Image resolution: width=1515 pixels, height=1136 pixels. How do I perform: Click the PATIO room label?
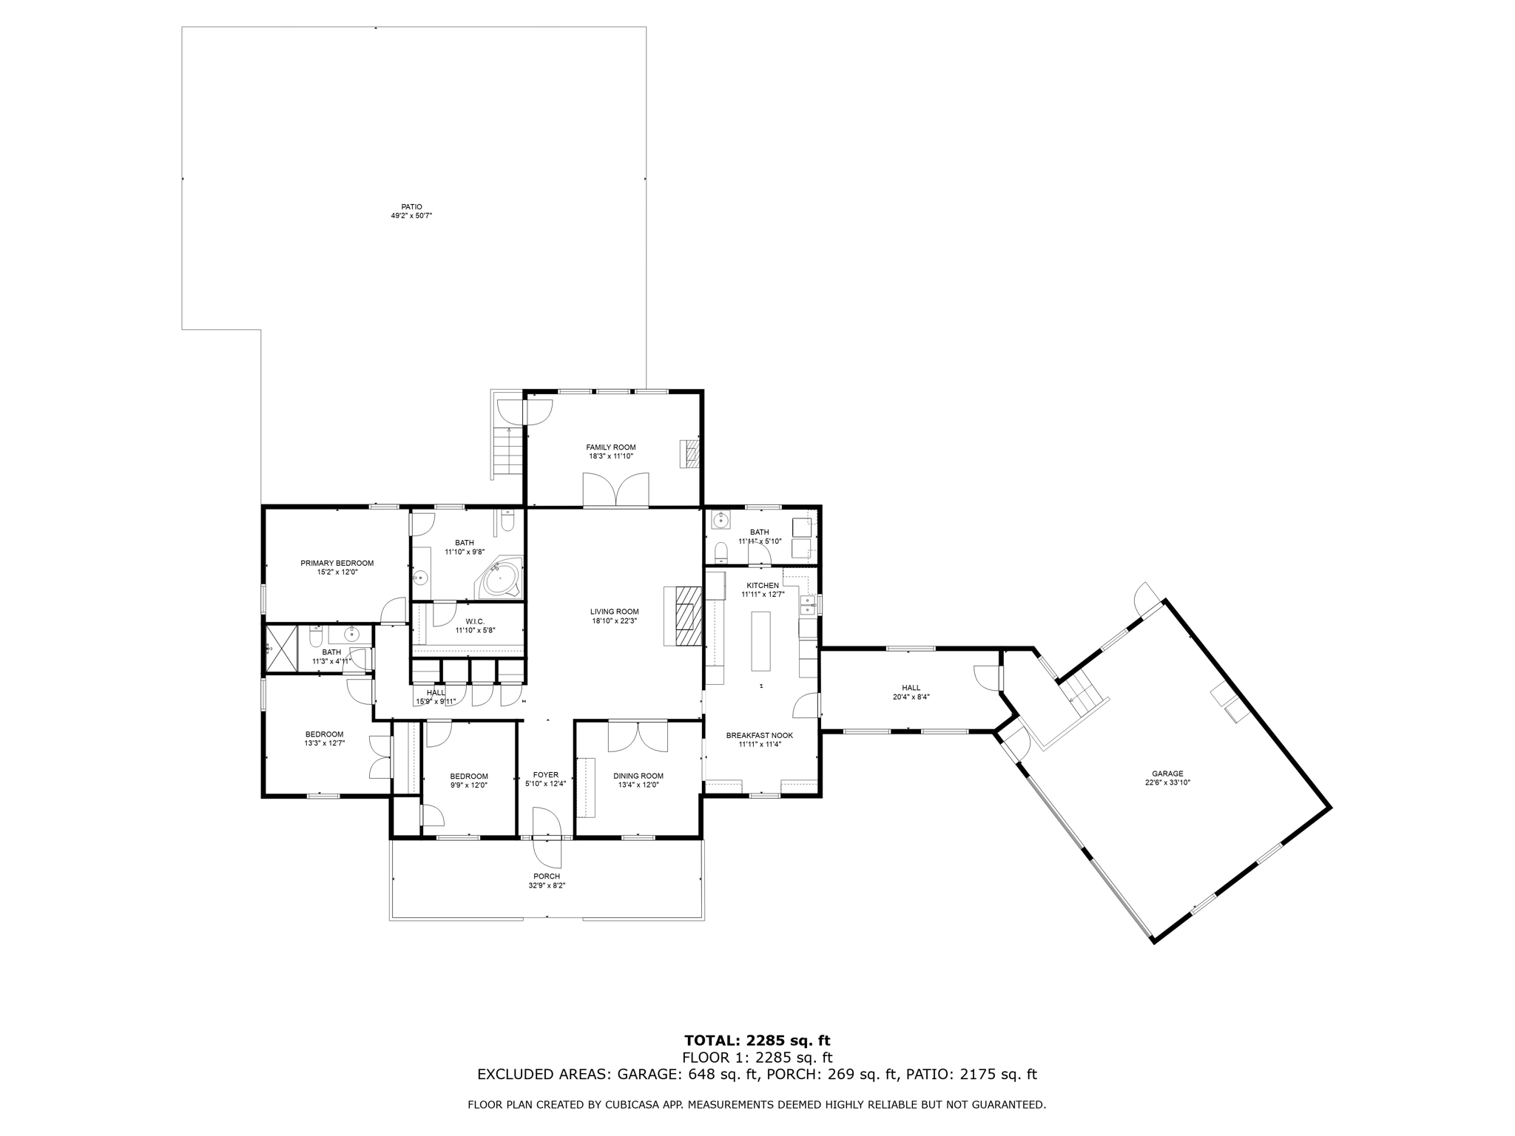coord(411,207)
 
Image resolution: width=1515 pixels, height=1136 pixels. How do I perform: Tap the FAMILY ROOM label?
coord(610,447)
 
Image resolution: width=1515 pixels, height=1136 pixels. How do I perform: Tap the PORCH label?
coord(547,876)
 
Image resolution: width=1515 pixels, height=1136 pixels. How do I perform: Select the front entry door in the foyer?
coord(547,838)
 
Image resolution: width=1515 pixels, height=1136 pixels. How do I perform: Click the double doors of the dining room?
coord(637,736)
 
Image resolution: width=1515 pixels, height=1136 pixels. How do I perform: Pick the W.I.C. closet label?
coord(475,621)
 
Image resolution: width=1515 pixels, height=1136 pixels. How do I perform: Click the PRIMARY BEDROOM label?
coord(337,563)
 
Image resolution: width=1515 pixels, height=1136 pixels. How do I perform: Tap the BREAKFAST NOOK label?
coord(759,735)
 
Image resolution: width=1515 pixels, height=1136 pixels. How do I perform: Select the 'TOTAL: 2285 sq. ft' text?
coord(758,1041)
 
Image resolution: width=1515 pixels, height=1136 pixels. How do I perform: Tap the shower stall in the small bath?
coord(281,648)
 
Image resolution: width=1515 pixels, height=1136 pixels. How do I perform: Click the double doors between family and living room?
coord(616,490)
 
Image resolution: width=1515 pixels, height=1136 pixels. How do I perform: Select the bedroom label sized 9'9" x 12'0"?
coord(468,776)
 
